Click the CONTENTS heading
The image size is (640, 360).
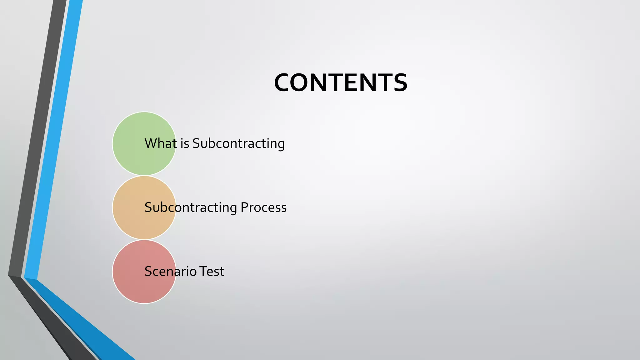tap(341, 83)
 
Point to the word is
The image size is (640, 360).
tap(185, 143)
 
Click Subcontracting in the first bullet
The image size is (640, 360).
tap(238, 143)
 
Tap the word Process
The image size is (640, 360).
tap(263, 207)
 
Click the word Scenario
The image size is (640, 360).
tap(171, 271)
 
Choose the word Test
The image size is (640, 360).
tap(212, 271)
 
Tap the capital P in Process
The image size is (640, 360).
tap(244, 207)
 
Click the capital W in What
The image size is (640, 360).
tap(151, 143)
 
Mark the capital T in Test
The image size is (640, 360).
tap(203, 271)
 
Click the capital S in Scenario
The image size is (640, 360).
tap(148, 271)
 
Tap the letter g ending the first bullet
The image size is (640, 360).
tap(281, 145)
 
